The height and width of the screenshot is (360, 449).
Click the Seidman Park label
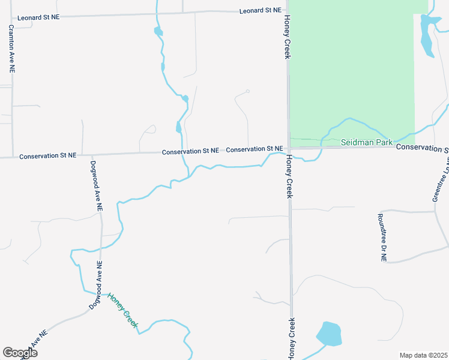pyautogui.click(x=366, y=142)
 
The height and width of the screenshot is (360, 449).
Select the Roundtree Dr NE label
pyautogui.click(x=382, y=238)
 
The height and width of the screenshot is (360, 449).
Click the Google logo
pyautogui.click(x=20, y=352)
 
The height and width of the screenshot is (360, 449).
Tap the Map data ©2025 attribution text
pyautogui.click(x=423, y=355)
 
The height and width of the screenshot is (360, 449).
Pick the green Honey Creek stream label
pyautogui.click(x=122, y=310)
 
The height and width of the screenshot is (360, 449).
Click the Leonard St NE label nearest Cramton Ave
pyautogui.click(x=38, y=17)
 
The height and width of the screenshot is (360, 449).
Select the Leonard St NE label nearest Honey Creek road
pyautogui.click(x=260, y=11)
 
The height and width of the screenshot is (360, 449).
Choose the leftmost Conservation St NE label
pyautogui.click(x=48, y=155)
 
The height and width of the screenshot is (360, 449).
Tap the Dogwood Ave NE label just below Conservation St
pyautogui.click(x=97, y=185)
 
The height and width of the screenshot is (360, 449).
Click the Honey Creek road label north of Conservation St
pyautogui.click(x=287, y=37)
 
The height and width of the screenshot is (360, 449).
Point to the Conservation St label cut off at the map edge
pyautogui.click(x=423, y=148)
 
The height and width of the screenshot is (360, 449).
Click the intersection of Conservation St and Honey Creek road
pyautogui.click(x=289, y=148)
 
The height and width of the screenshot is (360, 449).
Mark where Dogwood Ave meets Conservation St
pyautogui.click(x=83, y=154)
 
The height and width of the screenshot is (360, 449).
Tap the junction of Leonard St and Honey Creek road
pyautogui.click(x=286, y=10)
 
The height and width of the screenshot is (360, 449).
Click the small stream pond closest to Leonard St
pyautogui.click(x=158, y=31)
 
